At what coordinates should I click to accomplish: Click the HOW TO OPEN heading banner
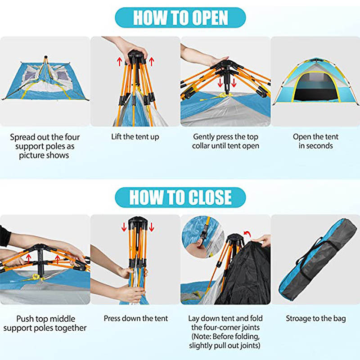[180, 18]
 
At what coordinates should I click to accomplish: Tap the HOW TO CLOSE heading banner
[180, 198]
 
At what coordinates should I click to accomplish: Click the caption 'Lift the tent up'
[135, 137]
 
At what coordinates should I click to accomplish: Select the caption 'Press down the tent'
[136, 319]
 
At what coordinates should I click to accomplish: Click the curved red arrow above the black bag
[247, 234]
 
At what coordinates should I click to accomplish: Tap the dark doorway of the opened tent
[316, 88]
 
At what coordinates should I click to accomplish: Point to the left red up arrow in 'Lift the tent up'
[119, 62]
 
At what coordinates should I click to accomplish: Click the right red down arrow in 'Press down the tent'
[151, 227]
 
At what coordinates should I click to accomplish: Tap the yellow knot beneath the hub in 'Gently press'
[222, 95]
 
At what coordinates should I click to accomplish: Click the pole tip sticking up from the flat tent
[46, 57]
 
